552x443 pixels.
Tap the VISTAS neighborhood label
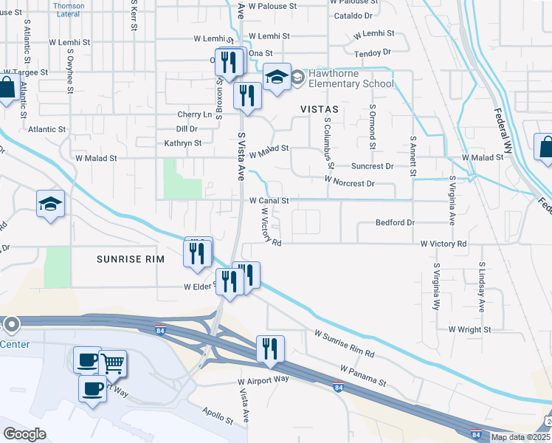point(319,109)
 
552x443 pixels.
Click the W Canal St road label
point(269,200)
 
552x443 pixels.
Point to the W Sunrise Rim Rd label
point(345,344)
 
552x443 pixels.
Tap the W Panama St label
point(363,375)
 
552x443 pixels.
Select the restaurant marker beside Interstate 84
point(270,348)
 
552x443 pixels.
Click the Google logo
point(24,433)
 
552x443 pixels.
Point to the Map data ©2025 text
point(520,437)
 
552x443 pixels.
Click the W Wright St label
point(469,329)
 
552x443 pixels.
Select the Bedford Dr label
point(396,222)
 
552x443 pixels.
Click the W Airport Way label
point(263,380)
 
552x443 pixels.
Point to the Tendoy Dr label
point(372,52)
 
